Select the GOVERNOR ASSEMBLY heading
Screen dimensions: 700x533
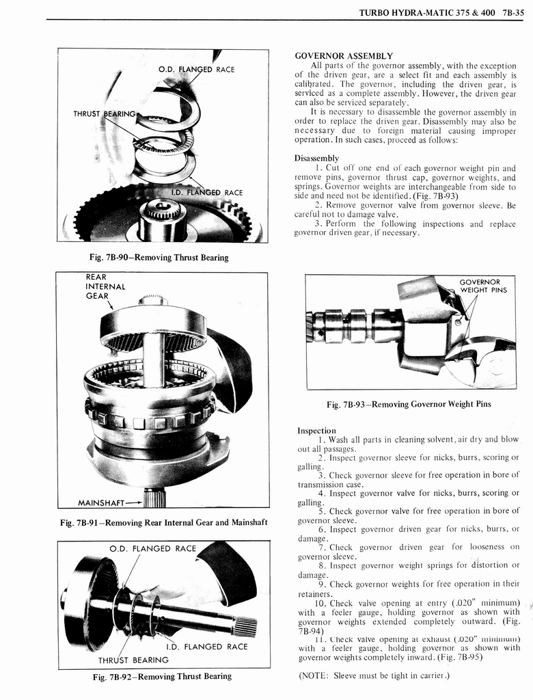coord(343,55)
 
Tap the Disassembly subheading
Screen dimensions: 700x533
coord(316,158)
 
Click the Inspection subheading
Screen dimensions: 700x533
coord(316,430)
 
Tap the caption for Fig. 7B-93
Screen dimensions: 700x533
coord(409,404)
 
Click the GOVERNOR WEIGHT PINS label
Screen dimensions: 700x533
coord(483,286)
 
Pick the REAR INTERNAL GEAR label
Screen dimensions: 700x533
coord(105,286)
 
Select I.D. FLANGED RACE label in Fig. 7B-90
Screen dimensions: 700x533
coord(204,192)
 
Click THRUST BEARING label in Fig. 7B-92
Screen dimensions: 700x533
coord(133,660)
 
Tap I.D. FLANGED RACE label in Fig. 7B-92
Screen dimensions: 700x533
coord(207,646)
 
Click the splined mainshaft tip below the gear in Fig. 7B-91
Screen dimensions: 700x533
coord(155,498)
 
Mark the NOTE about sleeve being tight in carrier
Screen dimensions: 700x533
coord(374,676)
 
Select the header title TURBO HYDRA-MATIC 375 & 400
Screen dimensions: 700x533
coord(424,12)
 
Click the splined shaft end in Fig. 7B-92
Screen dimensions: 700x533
coord(246,626)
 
